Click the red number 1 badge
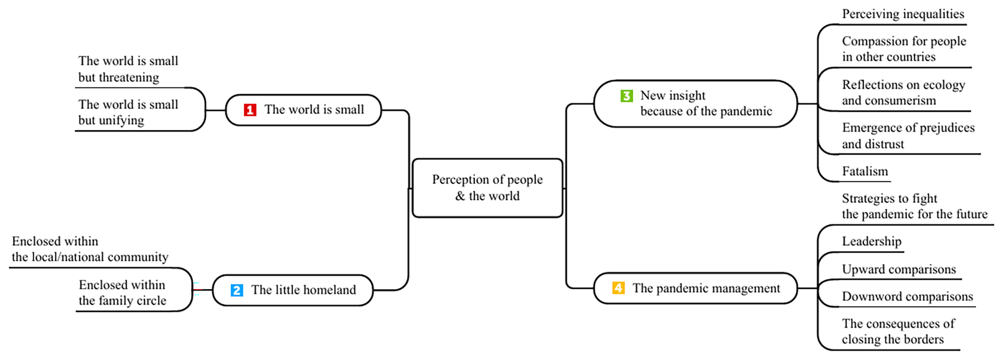tap(250, 110)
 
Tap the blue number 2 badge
tap(236, 290)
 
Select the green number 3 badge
tap(626, 96)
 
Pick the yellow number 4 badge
tap(618, 288)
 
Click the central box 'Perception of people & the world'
tap(488, 188)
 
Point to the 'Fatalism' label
tap(865, 171)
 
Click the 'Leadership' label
tap(872, 241)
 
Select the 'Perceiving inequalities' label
tap(903, 14)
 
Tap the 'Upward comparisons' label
tap(899, 269)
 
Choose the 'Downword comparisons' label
tap(907, 296)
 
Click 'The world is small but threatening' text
tap(128, 69)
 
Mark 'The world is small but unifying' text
tap(128, 112)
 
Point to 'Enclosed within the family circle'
tap(123, 293)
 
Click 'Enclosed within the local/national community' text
tap(90, 249)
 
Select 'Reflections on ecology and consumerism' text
tap(903, 92)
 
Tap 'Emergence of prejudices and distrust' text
tap(908, 136)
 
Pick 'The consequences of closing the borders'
tap(898, 331)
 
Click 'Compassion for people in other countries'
tap(904, 49)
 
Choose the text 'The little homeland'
tap(303, 290)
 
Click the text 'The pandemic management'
tap(706, 288)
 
